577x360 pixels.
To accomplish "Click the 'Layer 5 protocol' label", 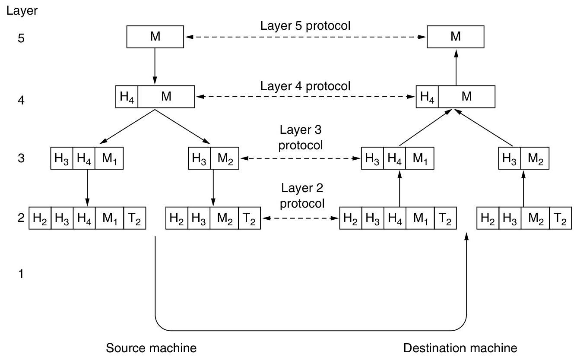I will point(305,25).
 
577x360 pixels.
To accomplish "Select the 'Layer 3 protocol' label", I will point(300,137).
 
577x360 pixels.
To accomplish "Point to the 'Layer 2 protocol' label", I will point(302,196).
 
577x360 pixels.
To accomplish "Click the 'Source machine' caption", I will point(151,348).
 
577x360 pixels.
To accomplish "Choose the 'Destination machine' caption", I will point(460,348).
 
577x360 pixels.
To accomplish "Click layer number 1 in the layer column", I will point(21,274).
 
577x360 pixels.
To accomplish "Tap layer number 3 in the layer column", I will point(21,159).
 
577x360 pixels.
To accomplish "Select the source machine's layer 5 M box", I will point(155,37).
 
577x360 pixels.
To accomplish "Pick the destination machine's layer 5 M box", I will point(455,37).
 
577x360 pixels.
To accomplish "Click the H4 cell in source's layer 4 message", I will point(127,97).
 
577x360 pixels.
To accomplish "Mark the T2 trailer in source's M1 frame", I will point(135,219).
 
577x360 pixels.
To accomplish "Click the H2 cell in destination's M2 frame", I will point(488,219).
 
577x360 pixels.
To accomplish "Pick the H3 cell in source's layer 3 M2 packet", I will point(200,159).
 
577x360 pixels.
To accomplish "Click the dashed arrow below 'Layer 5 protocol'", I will point(305,38).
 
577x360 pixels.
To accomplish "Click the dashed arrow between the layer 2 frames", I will point(300,219).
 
